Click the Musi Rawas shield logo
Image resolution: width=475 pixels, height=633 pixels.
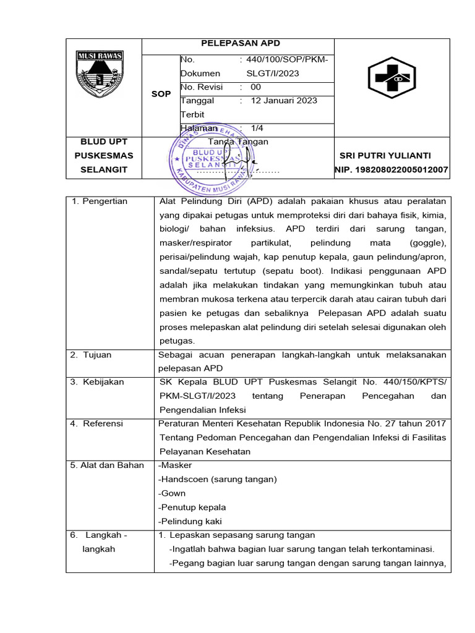pos(100,76)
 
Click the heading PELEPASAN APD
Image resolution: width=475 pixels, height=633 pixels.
pos(241,43)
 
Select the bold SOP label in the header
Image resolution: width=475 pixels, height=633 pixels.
pos(161,94)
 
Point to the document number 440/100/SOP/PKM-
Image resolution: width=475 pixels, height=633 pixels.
pos(288,60)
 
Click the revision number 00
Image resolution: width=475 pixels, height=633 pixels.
pos(255,87)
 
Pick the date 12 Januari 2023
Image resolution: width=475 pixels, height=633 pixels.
pos(283,101)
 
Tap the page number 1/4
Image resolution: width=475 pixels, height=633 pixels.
pos(258,128)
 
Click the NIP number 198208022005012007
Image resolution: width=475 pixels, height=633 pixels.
pos(392,169)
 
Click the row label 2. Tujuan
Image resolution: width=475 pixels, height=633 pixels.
pos(91,355)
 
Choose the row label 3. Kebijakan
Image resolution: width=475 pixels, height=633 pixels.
pos(97,382)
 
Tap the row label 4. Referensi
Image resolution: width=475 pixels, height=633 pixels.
pos(97,423)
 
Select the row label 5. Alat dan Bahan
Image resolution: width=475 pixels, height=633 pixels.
pos(107,465)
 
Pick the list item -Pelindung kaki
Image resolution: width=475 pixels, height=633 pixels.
pos(190,521)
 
